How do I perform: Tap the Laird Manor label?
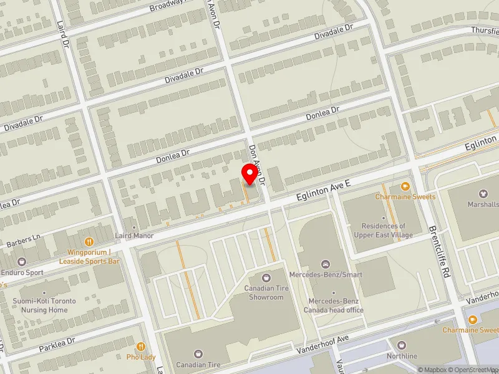pos(133,236)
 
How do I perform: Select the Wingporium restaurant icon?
pos(89,241)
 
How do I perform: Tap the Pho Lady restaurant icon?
pos(142,347)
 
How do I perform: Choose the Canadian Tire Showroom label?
pos(263,292)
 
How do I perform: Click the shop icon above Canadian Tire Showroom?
pos(266,277)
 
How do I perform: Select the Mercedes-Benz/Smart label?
pos(325,274)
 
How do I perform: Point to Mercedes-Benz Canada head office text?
pos(334,305)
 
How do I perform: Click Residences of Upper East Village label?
pos(384,230)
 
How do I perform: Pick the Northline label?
pos(402,356)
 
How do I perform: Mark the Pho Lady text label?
pos(142,357)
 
